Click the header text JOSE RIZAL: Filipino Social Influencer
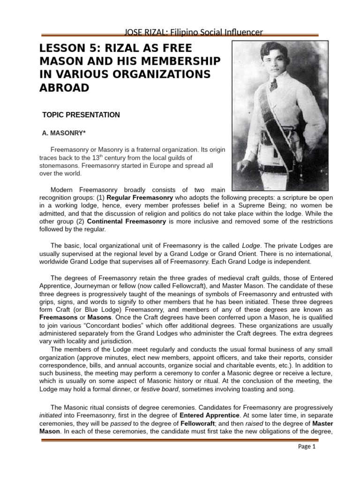[192, 32]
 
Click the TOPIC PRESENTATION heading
[81, 115]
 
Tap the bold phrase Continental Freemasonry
[126, 222]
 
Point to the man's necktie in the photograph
[273, 84]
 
